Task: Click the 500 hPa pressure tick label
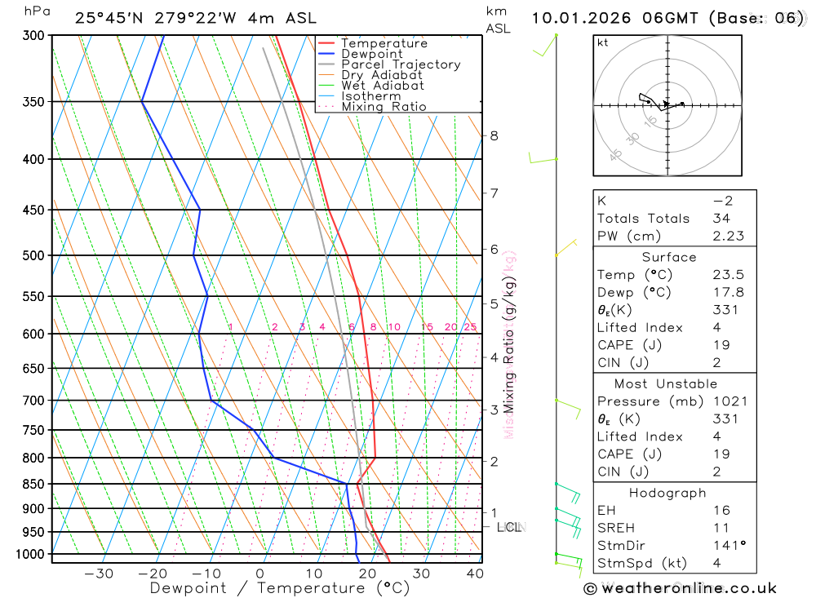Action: pyautogui.click(x=33, y=255)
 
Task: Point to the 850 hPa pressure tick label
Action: pyautogui.click(x=33, y=484)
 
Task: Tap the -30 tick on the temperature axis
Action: pyautogui.click(x=98, y=574)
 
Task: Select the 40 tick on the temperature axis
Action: pyautogui.click(x=474, y=574)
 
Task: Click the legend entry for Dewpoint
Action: pyautogui.click(x=371, y=54)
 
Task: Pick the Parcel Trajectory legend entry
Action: pyautogui.click(x=401, y=64)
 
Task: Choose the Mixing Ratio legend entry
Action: pyautogui.click(x=384, y=106)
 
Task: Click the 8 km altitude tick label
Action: pyautogui.click(x=494, y=135)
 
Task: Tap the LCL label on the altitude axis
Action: pyautogui.click(x=509, y=528)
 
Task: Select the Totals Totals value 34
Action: pyautogui.click(x=721, y=218)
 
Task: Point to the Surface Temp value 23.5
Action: pyautogui.click(x=728, y=275)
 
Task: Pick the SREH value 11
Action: pyautogui.click(x=721, y=528)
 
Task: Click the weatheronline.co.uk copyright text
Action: pyautogui.click(x=681, y=588)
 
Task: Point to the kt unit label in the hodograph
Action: pyautogui.click(x=603, y=42)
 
